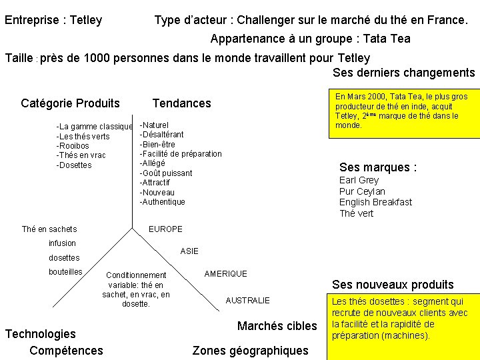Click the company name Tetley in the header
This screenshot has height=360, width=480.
click(x=85, y=20)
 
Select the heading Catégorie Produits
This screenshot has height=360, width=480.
click(x=71, y=103)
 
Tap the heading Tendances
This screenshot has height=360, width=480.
click(x=181, y=103)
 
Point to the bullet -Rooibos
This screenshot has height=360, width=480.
click(x=73, y=146)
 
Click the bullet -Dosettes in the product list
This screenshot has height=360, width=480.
click(x=74, y=165)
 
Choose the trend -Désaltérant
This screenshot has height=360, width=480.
click(x=161, y=135)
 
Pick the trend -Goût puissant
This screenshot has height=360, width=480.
click(x=165, y=173)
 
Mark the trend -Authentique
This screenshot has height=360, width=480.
click(x=162, y=202)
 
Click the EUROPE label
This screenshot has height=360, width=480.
click(x=165, y=229)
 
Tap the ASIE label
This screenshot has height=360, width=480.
click(x=189, y=251)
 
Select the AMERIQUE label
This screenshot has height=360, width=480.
click(x=225, y=274)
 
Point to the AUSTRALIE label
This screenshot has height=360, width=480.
click(x=247, y=301)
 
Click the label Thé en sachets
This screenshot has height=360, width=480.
click(x=49, y=229)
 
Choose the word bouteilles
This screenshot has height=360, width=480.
click(x=65, y=271)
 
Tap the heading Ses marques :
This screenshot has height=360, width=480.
click(x=378, y=167)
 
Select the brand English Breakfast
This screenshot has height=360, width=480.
click(x=375, y=202)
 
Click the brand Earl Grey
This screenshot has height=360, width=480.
click(x=359, y=180)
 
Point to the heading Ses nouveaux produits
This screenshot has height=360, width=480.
click(x=393, y=285)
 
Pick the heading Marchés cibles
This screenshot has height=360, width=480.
click(x=277, y=326)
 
